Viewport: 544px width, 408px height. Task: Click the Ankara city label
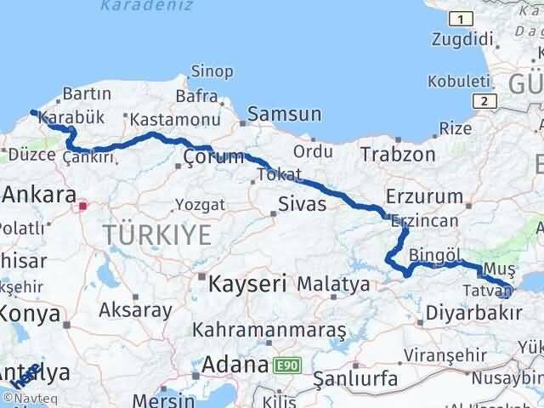pyautogui.click(x=39, y=195)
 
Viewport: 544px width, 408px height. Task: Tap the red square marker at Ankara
pyautogui.click(x=82, y=205)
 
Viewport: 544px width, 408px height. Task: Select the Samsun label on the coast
pyautogui.click(x=285, y=114)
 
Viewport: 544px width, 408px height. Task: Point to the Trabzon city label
pyautogui.click(x=398, y=155)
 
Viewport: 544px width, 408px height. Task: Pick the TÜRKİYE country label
pyautogui.click(x=156, y=235)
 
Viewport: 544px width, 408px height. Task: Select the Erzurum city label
pyautogui.click(x=435, y=197)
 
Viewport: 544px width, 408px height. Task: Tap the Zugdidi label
pyautogui.click(x=462, y=38)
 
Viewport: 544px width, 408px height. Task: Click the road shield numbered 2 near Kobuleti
pyautogui.click(x=484, y=100)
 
